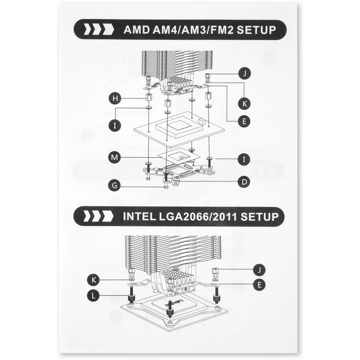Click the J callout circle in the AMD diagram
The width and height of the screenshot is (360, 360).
tap(245, 73)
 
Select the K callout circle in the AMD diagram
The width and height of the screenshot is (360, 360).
tap(245, 103)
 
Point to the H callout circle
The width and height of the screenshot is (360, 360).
tap(115, 98)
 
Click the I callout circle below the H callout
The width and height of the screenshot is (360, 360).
tap(115, 126)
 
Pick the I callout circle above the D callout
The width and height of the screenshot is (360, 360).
tap(244, 159)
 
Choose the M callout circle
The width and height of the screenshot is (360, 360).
tap(115, 157)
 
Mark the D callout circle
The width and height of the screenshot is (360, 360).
tap(244, 182)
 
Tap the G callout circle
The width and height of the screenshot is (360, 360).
tap(115, 185)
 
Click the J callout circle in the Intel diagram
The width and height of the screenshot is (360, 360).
tap(259, 270)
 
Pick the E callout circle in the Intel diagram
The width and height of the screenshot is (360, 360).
tap(259, 285)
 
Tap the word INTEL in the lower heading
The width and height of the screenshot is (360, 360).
tap(139, 217)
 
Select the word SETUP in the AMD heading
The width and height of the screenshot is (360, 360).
tap(256, 30)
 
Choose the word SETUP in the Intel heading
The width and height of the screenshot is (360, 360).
tap(259, 217)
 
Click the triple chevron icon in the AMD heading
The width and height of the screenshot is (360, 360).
tap(99, 30)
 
